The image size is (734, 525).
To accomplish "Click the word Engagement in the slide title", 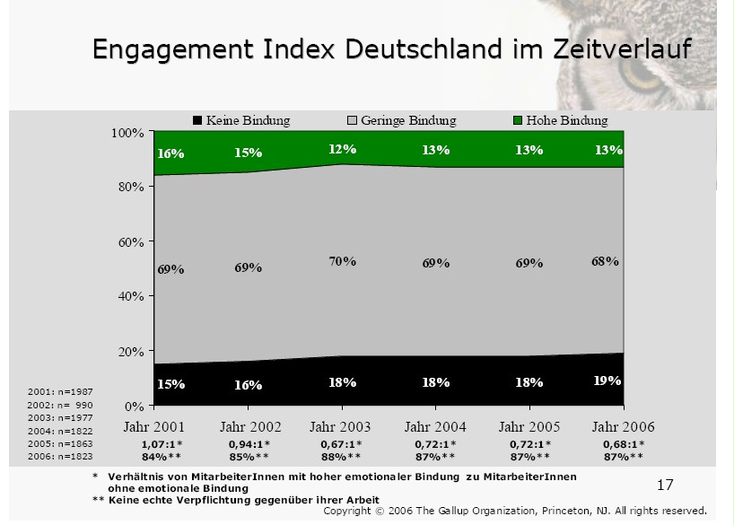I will point(171,49).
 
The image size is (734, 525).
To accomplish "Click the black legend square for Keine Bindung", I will point(197,120).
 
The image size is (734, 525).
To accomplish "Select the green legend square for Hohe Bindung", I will point(518,120).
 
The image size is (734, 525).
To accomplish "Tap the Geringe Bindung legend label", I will point(408,120).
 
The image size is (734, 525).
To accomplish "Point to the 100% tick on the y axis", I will point(127,133).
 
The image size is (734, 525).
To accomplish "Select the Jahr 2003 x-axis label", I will point(340,426).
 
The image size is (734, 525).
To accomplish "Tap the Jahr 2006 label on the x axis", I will point(624,426).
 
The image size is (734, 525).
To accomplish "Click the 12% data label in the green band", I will point(342,149).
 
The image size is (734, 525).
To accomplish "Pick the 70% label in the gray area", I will point(342,261).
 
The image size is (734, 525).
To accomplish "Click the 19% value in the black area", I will point(607,381).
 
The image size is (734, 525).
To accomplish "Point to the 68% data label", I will point(605,261).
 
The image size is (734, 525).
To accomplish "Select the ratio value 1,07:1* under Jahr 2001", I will point(162,444).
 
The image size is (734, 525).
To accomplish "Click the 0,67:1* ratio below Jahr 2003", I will point(342,444).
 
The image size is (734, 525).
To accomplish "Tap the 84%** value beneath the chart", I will point(162,457).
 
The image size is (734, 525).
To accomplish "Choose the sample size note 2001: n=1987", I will point(59,392).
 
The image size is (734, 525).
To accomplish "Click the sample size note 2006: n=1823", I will point(59,456).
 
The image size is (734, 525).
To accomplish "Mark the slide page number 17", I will point(665,486).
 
